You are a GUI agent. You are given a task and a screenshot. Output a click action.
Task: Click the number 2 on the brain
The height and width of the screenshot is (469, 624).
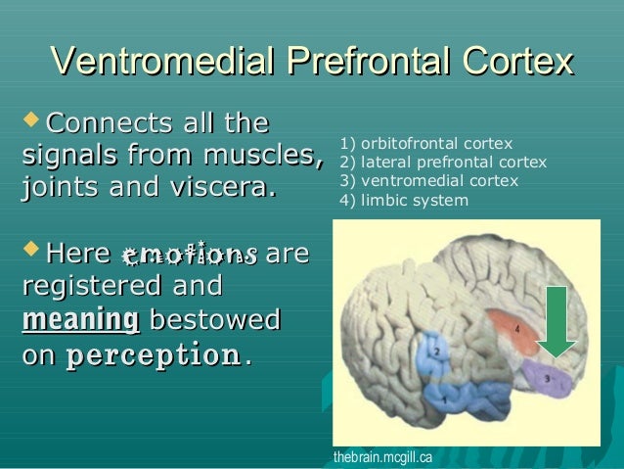(x=437, y=349)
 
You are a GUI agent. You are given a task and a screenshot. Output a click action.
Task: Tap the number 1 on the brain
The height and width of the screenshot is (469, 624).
(x=447, y=400)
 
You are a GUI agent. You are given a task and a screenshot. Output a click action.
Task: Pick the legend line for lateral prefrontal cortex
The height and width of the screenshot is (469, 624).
(x=442, y=163)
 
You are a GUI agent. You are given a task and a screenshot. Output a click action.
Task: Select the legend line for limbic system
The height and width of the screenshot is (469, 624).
(x=403, y=201)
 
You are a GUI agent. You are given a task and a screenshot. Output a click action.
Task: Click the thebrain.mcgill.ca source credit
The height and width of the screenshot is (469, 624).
(x=381, y=457)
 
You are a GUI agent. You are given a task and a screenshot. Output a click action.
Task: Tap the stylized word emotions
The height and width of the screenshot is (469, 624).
(x=189, y=256)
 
